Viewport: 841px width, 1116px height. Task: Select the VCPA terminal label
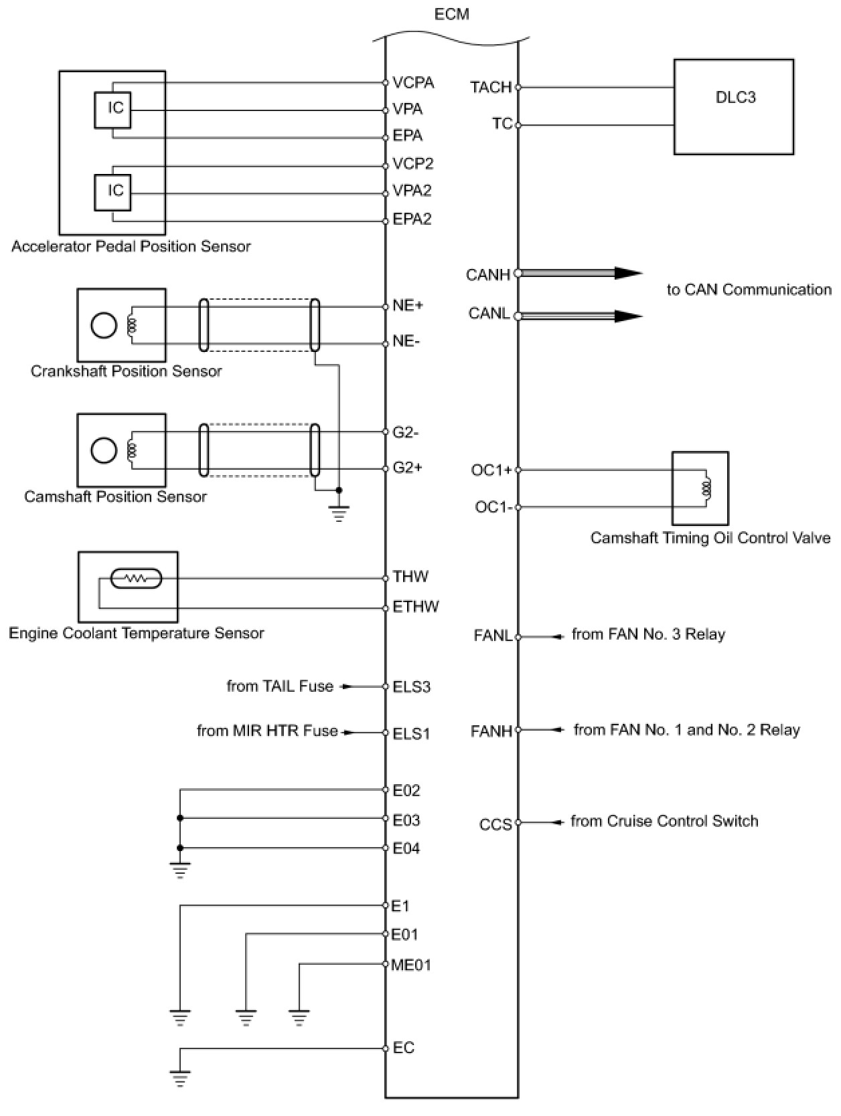click(x=413, y=82)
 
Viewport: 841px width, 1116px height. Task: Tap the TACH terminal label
click(x=490, y=87)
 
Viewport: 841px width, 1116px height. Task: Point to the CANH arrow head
click(x=628, y=273)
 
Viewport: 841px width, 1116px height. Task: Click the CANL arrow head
click(x=628, y=316)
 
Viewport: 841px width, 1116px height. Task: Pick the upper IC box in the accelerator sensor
click(x=112, y=110)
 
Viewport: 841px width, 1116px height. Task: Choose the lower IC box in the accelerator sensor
click(x=112, y=192)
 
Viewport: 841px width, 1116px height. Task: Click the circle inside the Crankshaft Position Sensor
click(x=104, y=325)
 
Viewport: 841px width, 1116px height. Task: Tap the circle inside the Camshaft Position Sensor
click(x=104, y=450)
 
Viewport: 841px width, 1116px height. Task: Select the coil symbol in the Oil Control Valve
click(x=706, y=488)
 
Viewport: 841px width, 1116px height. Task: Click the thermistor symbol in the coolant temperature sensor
click(x=137, y=578)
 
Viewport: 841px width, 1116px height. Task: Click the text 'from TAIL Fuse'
click(x=280, y=686)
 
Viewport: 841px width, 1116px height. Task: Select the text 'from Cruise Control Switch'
click(x=664, y=821)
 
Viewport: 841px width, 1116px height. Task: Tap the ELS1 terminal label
click(x=412, y=733)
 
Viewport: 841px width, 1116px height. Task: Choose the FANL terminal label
click(x=493, y=636)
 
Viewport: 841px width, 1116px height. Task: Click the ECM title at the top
click(x=452, y=14)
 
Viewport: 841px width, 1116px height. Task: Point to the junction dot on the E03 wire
click(x=179, y=818)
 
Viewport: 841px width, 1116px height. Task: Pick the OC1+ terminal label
click(x=491, y=470)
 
